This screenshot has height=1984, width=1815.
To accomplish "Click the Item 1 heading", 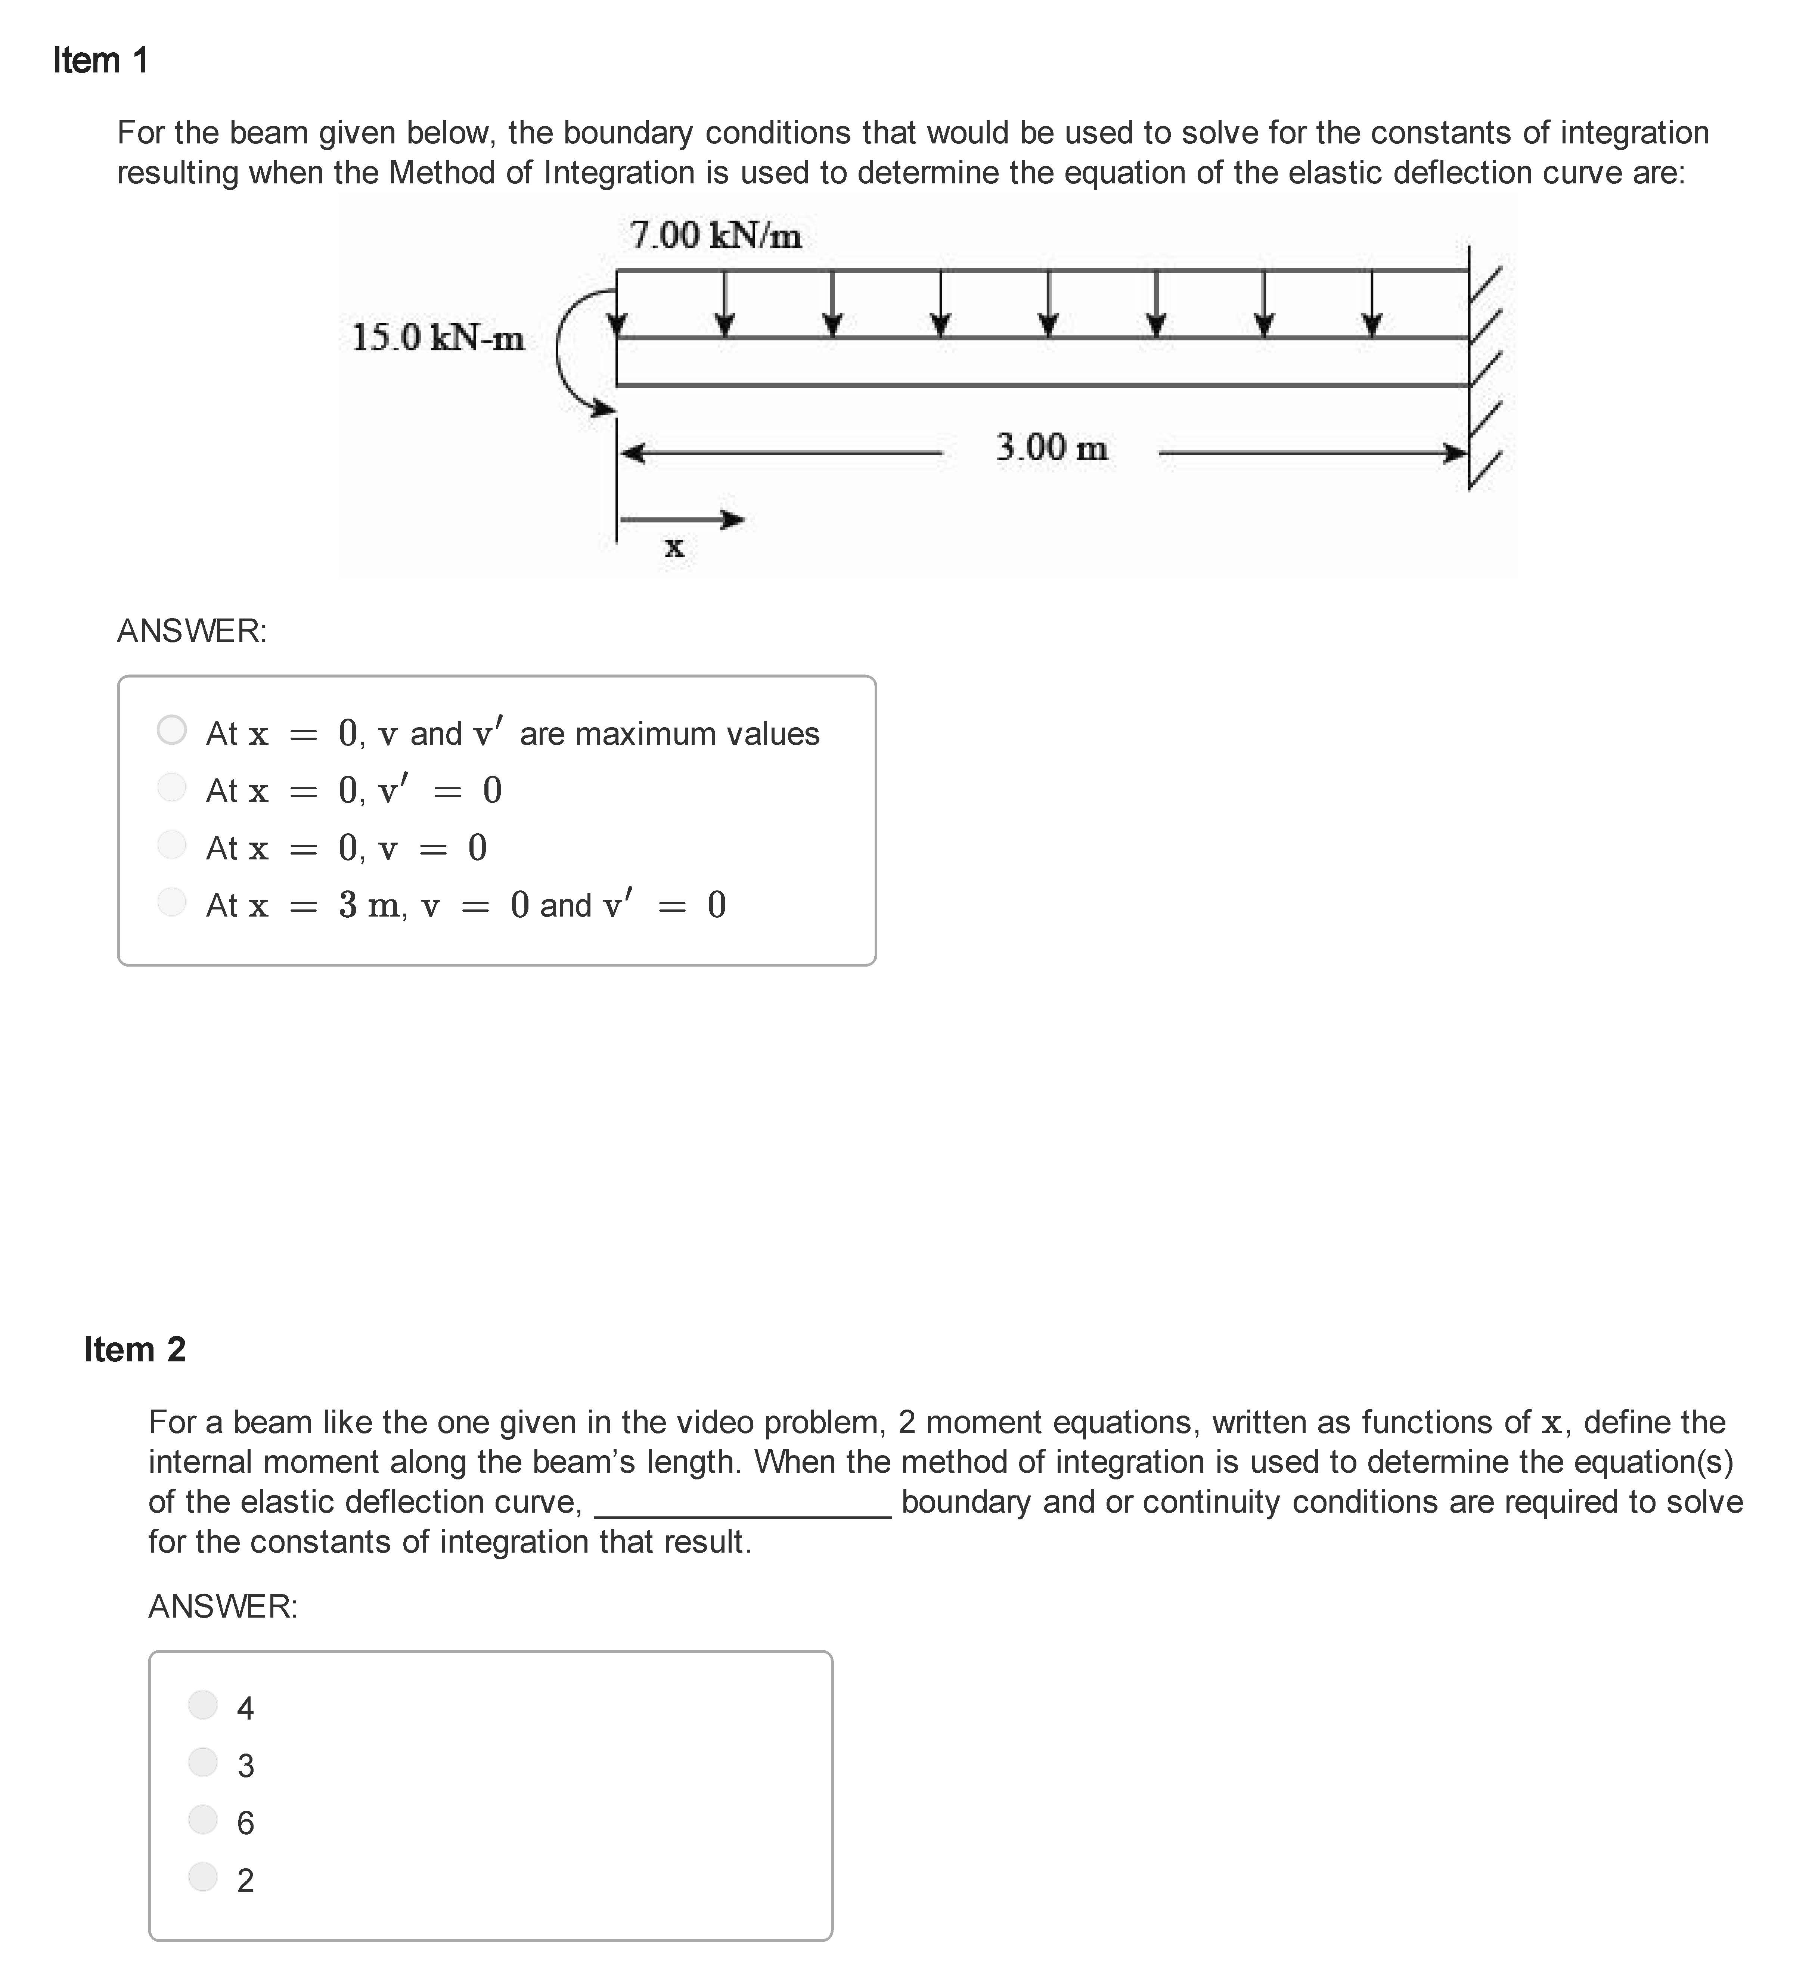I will click(100, 61).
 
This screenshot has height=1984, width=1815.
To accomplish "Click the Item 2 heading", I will click(135, 1349).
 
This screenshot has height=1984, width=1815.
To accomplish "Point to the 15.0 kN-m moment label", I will click(438, 338).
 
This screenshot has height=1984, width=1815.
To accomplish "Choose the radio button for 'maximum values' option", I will click(172, 730).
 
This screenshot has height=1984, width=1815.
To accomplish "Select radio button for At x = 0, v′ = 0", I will click(172, 787).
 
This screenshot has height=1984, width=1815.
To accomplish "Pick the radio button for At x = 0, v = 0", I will click(172, 844).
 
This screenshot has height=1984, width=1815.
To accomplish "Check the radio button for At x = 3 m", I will click(172, 902).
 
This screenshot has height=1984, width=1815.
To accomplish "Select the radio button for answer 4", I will click(203, 1705).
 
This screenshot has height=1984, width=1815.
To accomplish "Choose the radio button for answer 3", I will click(203, 1762).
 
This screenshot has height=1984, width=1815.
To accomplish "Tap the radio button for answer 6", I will click(203, 1819).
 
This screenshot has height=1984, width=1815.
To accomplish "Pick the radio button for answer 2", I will click(203, 1876).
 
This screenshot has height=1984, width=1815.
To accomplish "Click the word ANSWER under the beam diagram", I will click(192, 631).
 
